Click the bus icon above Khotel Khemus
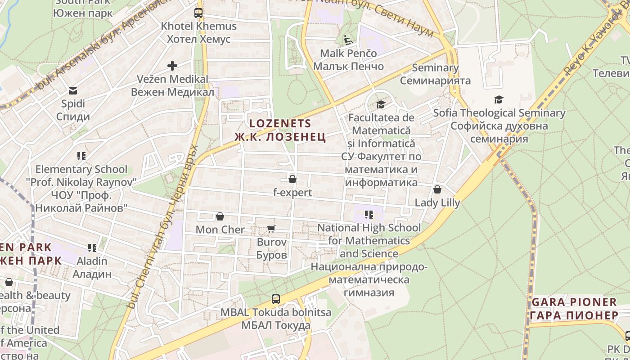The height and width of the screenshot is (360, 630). click(198, 13)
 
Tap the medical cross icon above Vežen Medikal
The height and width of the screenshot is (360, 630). click(172, 66)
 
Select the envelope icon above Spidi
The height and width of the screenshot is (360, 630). click(73, 91)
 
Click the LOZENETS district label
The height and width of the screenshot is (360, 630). click(280, 123)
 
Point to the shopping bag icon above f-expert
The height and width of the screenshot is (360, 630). click(292, 179)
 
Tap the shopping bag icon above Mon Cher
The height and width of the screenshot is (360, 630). click(220, 217)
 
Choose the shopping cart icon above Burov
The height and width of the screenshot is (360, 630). click(271, 229)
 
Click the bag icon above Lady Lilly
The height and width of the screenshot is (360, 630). click(437, 189)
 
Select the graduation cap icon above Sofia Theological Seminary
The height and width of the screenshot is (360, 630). click(499, 100)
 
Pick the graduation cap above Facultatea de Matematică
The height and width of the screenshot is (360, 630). click(381, 105)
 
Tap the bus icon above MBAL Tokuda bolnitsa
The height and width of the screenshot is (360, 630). click(275, 299)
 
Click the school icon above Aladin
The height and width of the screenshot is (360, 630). click(92, 248)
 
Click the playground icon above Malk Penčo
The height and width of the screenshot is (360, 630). click(348, 40)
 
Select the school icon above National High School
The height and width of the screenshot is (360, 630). click(369, 215)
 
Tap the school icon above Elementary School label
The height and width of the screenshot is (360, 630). click(81, 156)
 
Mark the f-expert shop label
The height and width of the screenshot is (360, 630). click(292, 193)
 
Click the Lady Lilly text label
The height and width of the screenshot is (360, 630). click(437, 202)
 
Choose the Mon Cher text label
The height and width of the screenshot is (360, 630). click(220, 229)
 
